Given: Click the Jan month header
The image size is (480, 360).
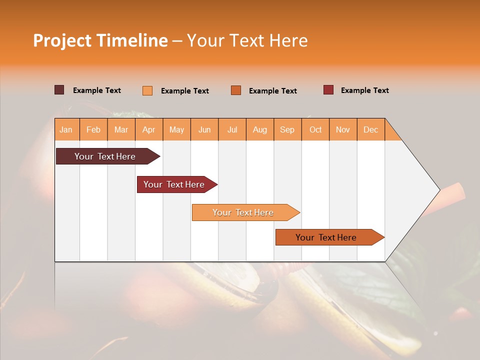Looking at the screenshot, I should (66, 129).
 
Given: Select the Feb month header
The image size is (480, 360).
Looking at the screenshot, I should (93, 129).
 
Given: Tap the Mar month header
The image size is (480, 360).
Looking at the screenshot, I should (121, 129).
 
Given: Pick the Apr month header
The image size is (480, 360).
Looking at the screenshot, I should (148, 129).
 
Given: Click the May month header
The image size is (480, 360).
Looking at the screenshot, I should (176, 129).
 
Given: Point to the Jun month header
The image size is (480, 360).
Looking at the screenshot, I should (204, 129).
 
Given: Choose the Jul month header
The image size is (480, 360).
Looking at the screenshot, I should (232, 129).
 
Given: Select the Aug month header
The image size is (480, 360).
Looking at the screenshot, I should (259, 129).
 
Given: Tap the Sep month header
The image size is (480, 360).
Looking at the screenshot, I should (287, 129).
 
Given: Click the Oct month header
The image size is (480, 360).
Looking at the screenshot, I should (315, 129).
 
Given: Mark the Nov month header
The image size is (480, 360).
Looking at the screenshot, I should (343, 129).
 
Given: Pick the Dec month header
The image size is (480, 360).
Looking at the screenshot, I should (370, 129).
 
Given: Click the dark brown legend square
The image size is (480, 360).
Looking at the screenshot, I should (59, 90).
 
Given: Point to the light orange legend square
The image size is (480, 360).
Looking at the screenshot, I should (147, 90).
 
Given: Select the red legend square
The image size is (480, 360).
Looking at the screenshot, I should (328, 90).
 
